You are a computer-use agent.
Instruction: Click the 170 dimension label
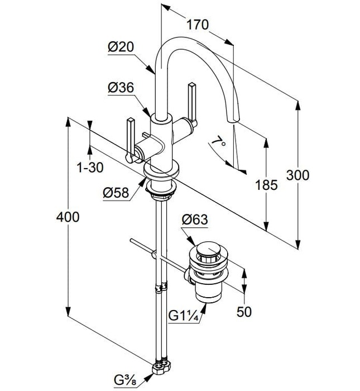pos(198,25)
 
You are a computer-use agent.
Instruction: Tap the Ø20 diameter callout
pos(121,46)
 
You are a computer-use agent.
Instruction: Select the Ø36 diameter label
pos(121,88)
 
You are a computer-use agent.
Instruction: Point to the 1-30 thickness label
pos(90,168)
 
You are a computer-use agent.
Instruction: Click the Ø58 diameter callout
pos(116,193)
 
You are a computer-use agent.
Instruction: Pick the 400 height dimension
pos(68,217)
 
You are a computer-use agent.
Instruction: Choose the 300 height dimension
pos(297,175)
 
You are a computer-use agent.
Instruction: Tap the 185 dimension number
pos(266,185)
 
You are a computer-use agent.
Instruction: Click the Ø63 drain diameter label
pos(195,220)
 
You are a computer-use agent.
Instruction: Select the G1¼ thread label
pos(184,316)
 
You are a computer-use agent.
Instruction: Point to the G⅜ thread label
pos(126,380)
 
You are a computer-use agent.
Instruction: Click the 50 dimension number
pos(244,312)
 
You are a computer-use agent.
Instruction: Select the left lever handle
pos(131,140)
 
